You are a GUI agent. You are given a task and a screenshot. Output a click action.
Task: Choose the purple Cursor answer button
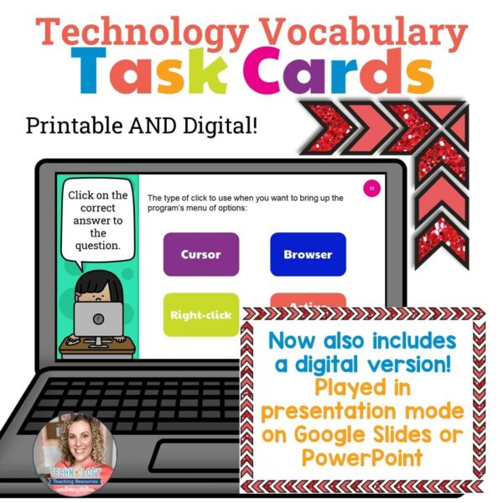pos(200,254)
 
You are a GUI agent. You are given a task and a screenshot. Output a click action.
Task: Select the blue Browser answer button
pos(308,254)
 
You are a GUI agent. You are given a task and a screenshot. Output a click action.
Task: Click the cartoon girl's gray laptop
pos(97,319)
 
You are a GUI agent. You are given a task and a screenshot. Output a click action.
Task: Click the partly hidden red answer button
pos(308,302)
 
